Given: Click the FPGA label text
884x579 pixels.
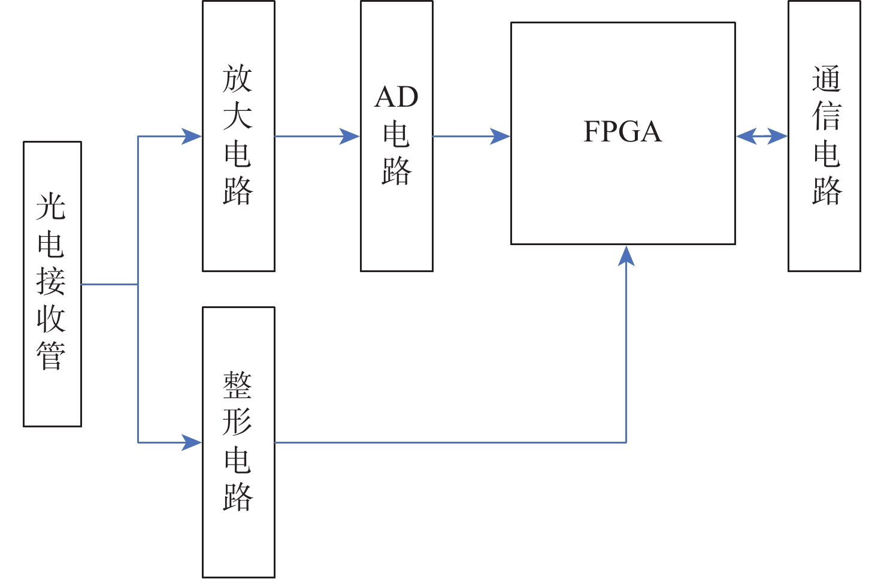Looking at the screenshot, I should (623, 132).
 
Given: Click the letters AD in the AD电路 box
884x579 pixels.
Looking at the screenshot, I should (396, 97).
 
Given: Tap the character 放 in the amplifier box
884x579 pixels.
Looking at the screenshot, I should (238, 79).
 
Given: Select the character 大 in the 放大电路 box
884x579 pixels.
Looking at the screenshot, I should (238, 116).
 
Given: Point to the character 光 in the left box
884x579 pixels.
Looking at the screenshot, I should (51, 207).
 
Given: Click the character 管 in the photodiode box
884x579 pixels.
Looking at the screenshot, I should (51, 356).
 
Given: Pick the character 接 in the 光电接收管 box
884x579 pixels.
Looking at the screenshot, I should (51, 281).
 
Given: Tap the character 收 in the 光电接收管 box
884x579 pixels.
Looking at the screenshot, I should (51, 319).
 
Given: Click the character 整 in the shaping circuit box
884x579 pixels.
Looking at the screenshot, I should (238, 385).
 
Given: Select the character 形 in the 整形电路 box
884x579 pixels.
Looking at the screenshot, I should (238, 422).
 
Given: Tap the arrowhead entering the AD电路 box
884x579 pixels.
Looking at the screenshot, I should (350, 137).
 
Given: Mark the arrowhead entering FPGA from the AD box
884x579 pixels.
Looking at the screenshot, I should (501, 137).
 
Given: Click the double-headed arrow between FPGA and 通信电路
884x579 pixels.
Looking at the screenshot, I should (762, 137).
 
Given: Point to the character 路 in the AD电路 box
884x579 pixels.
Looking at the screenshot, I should (396, 171).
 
